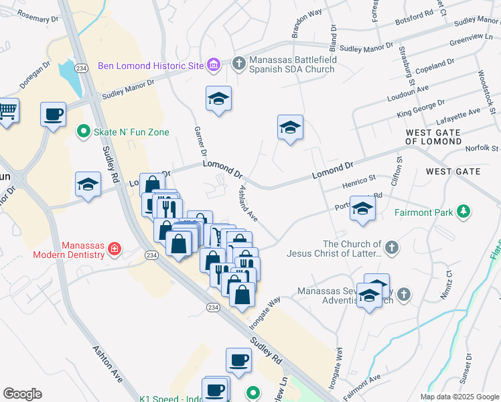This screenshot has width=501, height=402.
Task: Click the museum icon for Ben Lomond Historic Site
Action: tap(214, 65)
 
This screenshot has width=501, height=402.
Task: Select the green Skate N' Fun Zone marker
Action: tap(84, 132)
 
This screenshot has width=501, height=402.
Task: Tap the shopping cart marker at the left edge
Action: tap(7, 111)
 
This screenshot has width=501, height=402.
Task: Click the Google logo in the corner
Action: tap(22, 394)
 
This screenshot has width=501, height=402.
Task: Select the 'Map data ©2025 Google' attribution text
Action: tap(459, 397)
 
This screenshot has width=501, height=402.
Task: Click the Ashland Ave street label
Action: tap(245, 204)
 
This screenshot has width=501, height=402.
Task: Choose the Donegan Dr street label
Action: tap(35, 76)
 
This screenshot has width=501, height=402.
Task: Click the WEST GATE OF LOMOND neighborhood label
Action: tap(433, 137)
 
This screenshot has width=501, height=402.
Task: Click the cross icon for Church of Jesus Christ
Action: tap(392, 249)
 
